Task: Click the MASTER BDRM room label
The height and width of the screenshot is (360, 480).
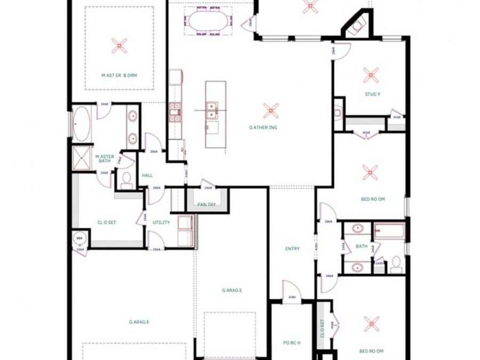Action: (x=119, y=76)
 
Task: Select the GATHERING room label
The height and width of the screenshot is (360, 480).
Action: (x=263, y=127)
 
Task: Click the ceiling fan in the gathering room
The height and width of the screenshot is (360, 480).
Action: (x=271, y=110)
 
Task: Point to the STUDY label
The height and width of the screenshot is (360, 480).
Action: (x=372, y=94)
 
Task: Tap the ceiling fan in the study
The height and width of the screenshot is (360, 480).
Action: (x=371, y=75)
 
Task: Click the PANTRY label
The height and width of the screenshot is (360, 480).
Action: (x=206, y=204)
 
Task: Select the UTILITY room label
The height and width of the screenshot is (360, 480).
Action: (x=161, y=222)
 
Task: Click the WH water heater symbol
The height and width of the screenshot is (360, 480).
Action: (x=79, y=238)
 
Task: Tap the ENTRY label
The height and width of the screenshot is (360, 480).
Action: (x=292, y=249)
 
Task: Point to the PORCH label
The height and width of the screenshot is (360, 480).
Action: (x=292, y=343)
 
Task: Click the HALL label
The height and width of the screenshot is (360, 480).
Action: (x=147, y=175)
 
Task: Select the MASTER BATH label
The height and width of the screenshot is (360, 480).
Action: (x=104, y=159)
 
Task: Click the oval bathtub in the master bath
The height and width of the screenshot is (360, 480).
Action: (x=82, y=125)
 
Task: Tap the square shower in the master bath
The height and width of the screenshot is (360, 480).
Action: (x=82, y=157)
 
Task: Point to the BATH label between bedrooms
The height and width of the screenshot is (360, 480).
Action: (x=361, y=246)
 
